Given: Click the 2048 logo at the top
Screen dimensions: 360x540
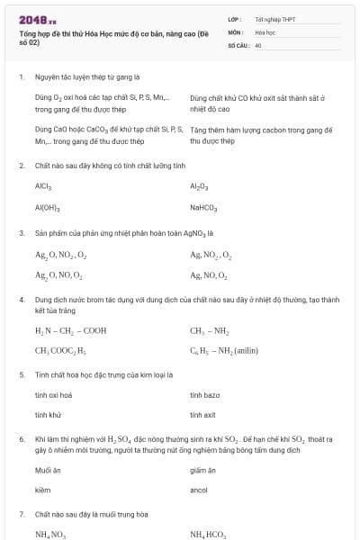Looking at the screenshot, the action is click(x=38, y=19).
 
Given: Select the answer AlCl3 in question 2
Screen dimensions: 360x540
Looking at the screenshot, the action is click(x=44, y=186).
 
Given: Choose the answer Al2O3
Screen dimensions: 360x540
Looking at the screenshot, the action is click(x=199, y=186).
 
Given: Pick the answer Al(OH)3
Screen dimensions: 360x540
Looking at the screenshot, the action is click(x=47, y=207).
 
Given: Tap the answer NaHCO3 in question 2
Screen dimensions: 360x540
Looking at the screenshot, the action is click(x=203, y=207).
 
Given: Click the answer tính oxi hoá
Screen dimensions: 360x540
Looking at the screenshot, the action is click(x=53, y=394).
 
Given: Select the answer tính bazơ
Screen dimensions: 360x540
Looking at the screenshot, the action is click(x=204, y=394).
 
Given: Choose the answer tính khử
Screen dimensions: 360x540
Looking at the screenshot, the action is click(x=48, y=415).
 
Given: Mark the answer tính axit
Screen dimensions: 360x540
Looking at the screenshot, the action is click(x=202, y=415).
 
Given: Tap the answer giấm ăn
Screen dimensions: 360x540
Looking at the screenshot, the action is click(x=203, y=470).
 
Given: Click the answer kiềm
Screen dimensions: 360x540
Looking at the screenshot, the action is click(x=42, y=490).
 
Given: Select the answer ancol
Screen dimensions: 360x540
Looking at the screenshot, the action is click(x=199, y=490).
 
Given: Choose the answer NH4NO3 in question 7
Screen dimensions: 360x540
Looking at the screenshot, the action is click(x=50, y=534).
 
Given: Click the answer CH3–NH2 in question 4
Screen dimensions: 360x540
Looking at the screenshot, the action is click(x=209, y=330).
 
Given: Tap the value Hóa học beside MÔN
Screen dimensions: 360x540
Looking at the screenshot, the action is click(x=265, y=31).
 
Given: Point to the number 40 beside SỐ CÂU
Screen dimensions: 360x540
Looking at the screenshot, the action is click(x=258, y=44).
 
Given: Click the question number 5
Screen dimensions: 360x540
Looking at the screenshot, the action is click(x=21, y=373).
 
